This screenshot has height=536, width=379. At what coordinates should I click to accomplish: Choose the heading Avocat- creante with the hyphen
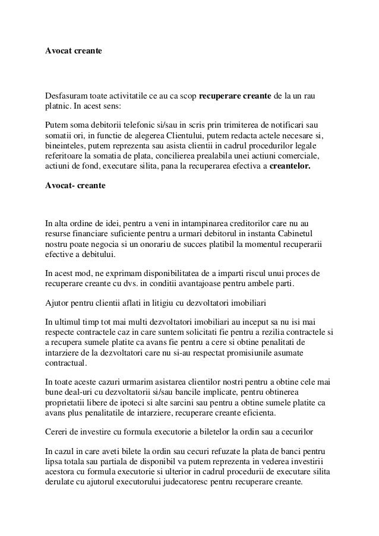[75, 186]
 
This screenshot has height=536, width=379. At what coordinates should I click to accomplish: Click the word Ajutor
[58, 303]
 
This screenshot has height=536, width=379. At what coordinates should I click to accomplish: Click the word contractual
[67, 363]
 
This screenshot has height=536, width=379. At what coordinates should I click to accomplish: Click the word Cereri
[58, 431]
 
